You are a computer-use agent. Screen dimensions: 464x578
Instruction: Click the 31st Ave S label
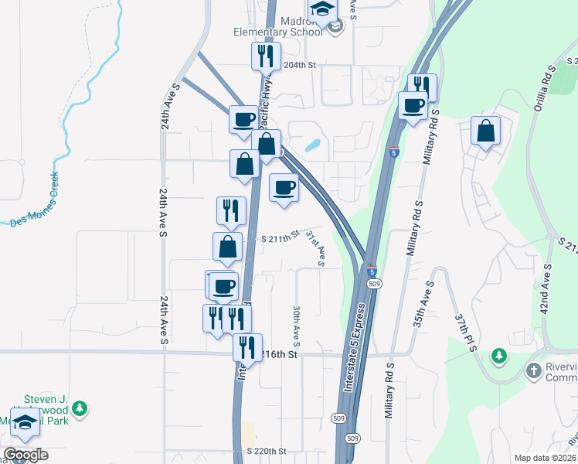click(314, 247)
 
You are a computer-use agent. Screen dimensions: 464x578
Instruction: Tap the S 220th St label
click(267, 451)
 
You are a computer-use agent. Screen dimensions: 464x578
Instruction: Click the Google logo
click(26, 455)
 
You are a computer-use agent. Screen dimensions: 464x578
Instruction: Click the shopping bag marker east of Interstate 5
click(485, 131)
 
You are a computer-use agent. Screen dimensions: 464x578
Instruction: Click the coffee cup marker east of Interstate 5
click(413, 105)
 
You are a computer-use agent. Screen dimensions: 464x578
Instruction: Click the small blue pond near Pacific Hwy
click(313, 145)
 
